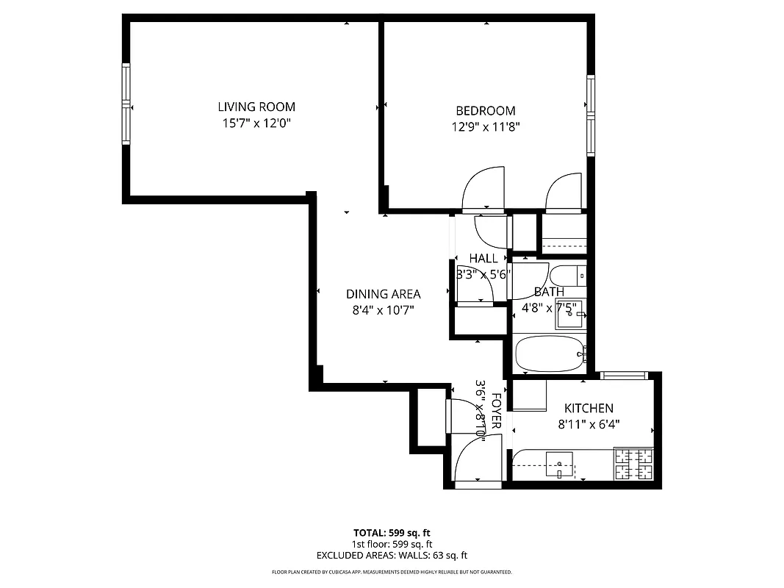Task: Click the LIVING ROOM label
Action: pos(256,107)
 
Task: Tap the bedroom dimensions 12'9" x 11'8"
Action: pos(486,126)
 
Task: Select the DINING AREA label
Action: pos(383,294)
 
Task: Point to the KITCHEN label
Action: pos(588,408)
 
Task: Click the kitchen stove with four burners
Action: pos(633,464)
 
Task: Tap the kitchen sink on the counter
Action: pos(560,465)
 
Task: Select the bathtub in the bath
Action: pos(550,354)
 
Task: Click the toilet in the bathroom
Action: pos(569,276)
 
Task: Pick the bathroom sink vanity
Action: pos(569,314)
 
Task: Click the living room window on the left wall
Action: pos(126,103)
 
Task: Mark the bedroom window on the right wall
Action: pos(591,115)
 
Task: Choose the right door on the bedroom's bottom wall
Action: pos(564,193)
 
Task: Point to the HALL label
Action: pos(483,258)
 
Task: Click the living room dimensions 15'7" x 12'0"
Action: pos(256,123)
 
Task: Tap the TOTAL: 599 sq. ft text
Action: pos(392,532)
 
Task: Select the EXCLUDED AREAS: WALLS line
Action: pos(392,556)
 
